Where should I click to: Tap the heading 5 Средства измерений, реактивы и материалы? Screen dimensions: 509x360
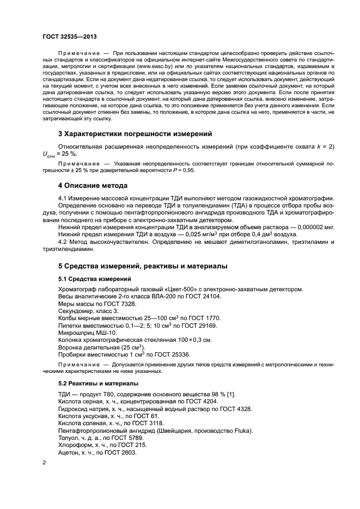(144, 266)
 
